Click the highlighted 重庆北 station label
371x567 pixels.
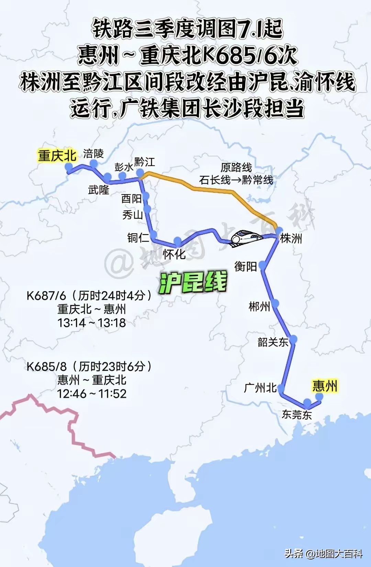pos(57,156)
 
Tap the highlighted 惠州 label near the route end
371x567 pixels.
pos(325,386)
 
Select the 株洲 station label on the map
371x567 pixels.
pos(291,238)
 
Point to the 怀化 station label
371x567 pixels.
pos(174,254)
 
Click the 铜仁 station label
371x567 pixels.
pos(138,238)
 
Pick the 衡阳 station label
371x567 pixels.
pos(245,266)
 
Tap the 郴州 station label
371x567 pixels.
pos(259,306)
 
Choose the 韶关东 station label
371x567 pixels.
pos(273,342)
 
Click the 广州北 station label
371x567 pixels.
pos(260,388)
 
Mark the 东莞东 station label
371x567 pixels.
pos(297,415)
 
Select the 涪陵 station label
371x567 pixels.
pos(93,153)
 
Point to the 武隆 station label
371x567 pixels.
pos(99,189)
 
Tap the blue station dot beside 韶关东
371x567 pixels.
pos(293,340)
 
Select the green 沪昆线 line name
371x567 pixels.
pos(193,282)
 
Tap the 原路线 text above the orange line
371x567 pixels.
pos(236,167)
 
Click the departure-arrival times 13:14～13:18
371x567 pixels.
pos(91,323)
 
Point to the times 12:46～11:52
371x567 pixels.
pos(91,394)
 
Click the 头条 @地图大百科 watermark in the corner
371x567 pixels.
pos(323,554)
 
